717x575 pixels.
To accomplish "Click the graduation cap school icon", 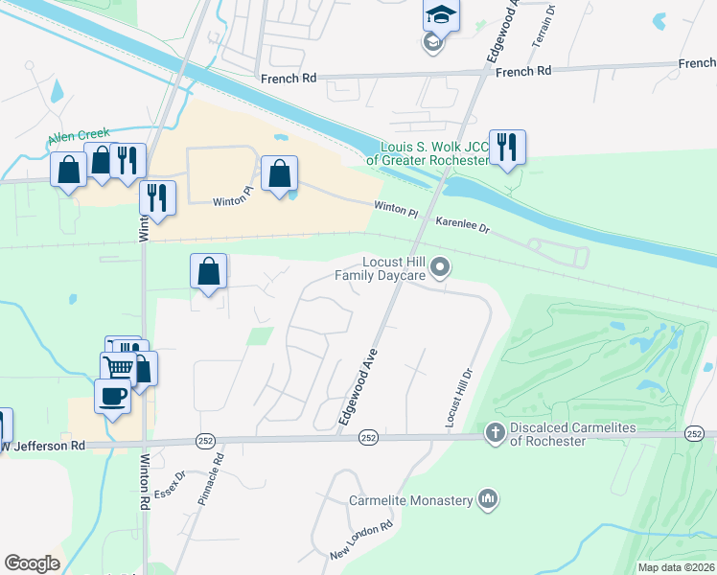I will pyautogui.click(x=441, y=16).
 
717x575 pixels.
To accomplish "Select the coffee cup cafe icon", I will pyautogui.click(x=112, y=396).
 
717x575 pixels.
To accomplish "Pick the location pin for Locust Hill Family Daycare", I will pyautogui.click(x=440, y=268).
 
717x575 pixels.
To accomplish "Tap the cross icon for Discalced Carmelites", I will pyautogui.click(x=495, y=434).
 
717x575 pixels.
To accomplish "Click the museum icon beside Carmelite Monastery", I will pyautogui.click(x=489, y=499).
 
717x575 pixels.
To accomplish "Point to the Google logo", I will pyautogui.click(x=32, y=563).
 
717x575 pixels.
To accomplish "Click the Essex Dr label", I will pyautogui.click(x=168, y=484).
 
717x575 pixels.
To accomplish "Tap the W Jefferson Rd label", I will pyautogui.click(x=44, y=446).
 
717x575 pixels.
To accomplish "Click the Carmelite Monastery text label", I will pyautogui.click(x=410, y=501).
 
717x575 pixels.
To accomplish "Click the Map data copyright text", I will pyautogui.click(x=676, y=567).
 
